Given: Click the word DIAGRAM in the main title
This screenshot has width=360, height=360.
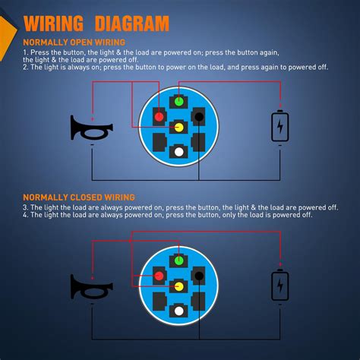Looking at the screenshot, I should pyautogui.click(x=133, y=24).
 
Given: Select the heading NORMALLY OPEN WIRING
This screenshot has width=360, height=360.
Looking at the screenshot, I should pyautogui.click(x=74, y=43).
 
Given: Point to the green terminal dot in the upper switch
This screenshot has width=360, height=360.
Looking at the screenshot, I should pyautogui.click(x=178, y=100).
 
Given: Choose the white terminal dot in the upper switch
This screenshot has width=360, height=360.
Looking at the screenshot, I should pyautogui.click(x=178, y=152).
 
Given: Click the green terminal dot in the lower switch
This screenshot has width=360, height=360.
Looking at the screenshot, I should pyautogui.click(x=178, y=261).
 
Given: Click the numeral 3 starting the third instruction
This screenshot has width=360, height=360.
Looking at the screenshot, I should pyautogui.click(x=25, y=207).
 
